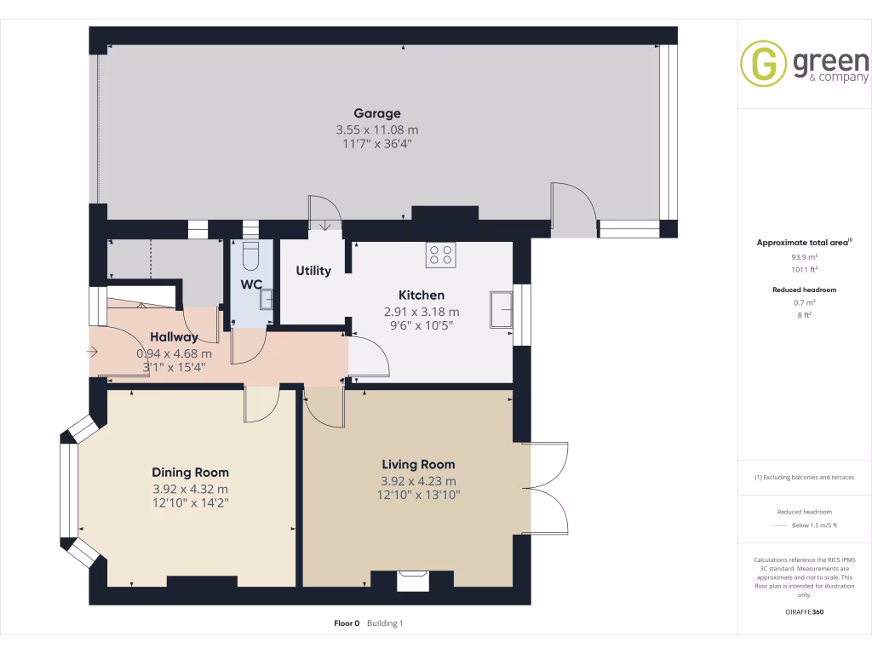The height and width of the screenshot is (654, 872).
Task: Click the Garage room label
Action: tap(377, 113)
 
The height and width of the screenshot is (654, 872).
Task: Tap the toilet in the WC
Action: tap(250, 255)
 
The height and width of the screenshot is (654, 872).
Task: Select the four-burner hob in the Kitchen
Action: tap(440, 255)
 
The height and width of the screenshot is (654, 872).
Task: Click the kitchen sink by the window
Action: tap(501, 309)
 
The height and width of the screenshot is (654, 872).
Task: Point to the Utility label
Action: tap(313, 271)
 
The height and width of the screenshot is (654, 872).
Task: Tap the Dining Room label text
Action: tap(190, 473)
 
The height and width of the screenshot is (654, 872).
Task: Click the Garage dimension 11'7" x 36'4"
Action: tap(377, 144)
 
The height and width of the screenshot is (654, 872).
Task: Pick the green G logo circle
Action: tap(763, 64)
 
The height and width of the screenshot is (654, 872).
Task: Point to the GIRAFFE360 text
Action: tap(805, 612)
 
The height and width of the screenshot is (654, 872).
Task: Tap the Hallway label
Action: tap(174, 337)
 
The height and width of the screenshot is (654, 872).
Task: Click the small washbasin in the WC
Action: tap(267, 299)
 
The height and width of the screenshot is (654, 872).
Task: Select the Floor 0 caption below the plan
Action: tap(347, 623)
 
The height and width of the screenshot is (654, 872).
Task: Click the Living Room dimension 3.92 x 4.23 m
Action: tap(418, 481)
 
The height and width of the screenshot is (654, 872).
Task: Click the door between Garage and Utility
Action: tap(324, 213)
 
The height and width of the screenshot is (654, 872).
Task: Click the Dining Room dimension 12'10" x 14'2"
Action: tap(190, 503)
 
